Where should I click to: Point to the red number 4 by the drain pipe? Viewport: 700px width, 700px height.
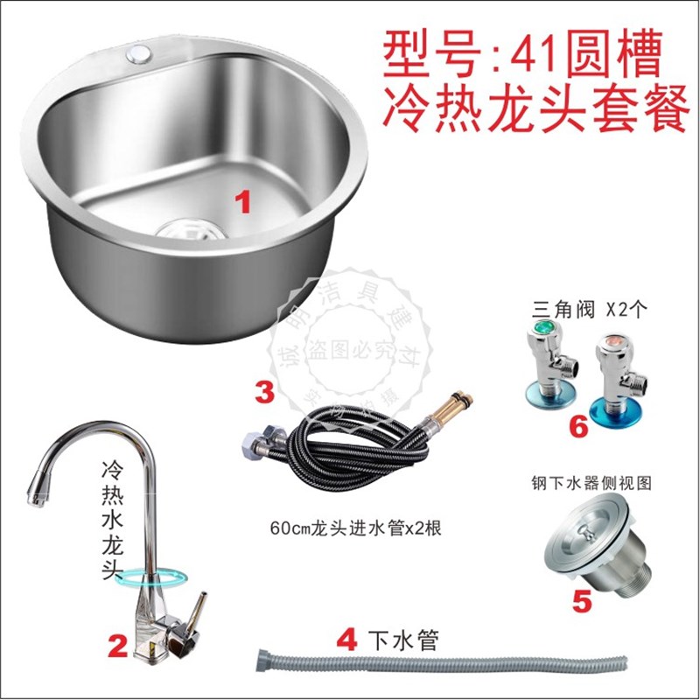click(x=347, y=640)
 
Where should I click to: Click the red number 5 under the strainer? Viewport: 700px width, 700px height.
click(x=582, y=600)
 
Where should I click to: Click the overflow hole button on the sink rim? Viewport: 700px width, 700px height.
click(x=138, y=53)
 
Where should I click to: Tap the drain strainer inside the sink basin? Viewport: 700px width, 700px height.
click(x=187, y=230)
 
